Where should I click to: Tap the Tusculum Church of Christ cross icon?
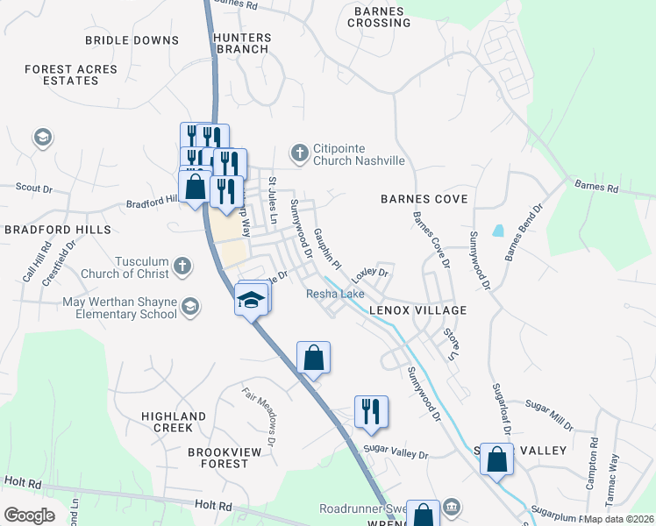click(x=182, y=265)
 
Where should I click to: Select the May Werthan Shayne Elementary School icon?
click(x=190, y=306)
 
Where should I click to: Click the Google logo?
click(x=29, y=515)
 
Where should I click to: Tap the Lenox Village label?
click(x=417, y=310)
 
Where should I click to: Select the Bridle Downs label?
click(x=132, y=40)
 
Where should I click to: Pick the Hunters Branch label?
click(x=240, y=43)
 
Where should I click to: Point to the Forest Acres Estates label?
click(x=61, y=75)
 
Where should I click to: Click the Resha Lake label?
click(x=335, y=294)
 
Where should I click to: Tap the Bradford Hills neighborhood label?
click(x=58, y=229)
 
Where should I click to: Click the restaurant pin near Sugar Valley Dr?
click(x=370, y=411)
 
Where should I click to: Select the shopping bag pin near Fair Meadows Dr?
click(x=313, y=358)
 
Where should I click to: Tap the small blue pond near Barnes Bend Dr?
click(x=498, y=231)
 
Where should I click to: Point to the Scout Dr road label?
click(x=35, y=188)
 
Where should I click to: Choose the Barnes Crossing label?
click(x=380, y=17)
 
